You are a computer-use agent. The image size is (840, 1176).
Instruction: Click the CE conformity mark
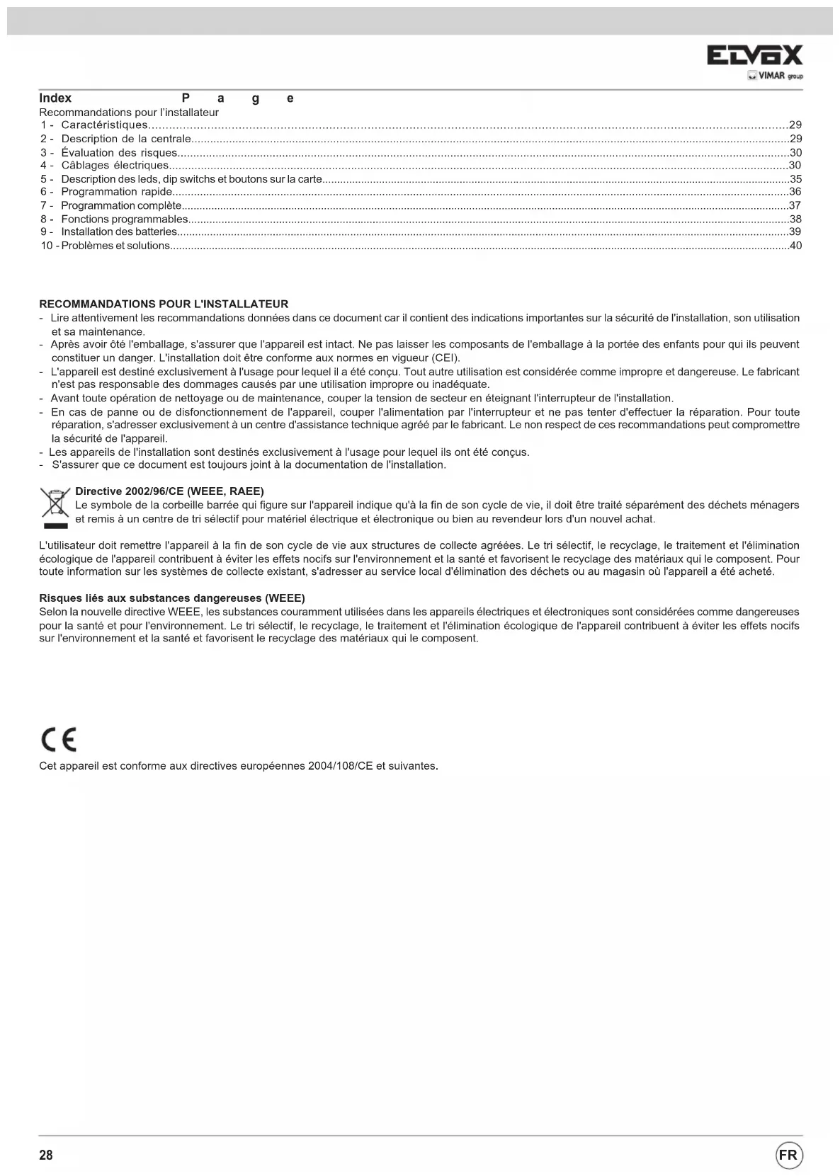coord(58,739)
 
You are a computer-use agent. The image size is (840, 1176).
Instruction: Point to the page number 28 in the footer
coord(46,1155)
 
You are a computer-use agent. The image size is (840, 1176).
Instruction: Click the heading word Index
coord(55,98)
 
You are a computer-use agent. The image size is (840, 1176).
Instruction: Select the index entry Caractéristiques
coord(103,125)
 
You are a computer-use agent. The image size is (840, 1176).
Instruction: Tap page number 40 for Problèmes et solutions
coord(795,246)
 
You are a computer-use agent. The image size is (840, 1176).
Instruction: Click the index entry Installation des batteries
coord(118,232)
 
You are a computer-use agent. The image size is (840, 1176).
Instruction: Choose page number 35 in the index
coord(795,179)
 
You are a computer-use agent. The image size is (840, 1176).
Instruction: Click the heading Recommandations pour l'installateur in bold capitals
coord(164,304)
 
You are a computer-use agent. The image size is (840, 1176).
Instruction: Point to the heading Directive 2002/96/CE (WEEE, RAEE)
coord(169,491)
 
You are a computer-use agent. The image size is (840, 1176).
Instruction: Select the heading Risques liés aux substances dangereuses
coord(172,598)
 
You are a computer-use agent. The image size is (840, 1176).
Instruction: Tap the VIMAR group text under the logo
coord(776,76)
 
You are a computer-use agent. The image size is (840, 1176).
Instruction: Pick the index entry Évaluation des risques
coord(119,152)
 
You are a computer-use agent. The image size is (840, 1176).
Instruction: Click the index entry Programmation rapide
coord(116,192)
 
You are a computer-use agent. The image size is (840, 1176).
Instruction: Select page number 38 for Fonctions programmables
coord(795,219)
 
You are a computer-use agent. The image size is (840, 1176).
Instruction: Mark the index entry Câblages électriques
coord(115,166)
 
